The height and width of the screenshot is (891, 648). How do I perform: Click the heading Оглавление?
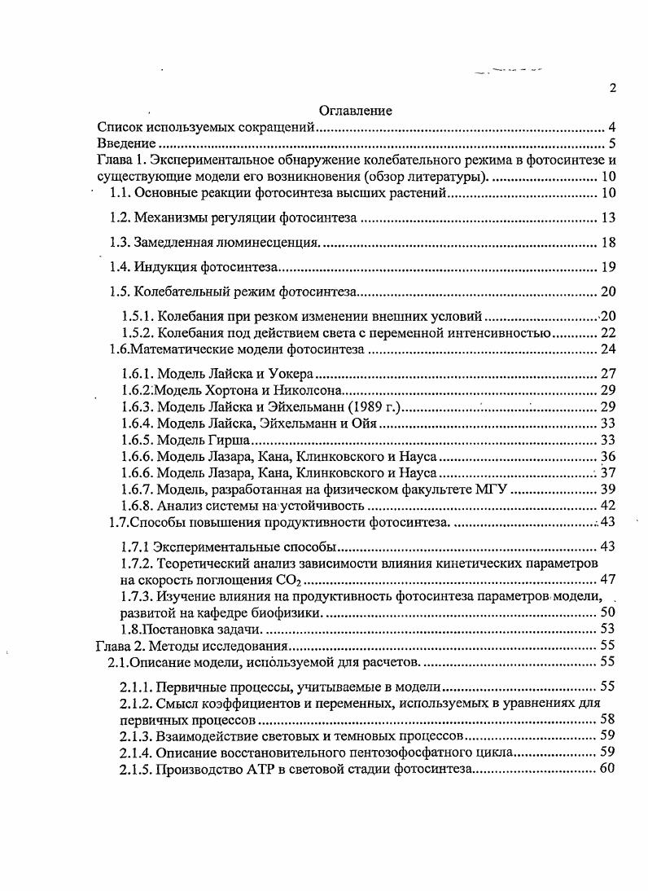(x=355, y=111)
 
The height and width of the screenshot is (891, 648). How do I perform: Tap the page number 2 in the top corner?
(x=612, y=89)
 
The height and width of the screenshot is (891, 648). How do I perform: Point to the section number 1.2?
(x=120, y=217)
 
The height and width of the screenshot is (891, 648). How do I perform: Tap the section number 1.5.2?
(x=137, y=333)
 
